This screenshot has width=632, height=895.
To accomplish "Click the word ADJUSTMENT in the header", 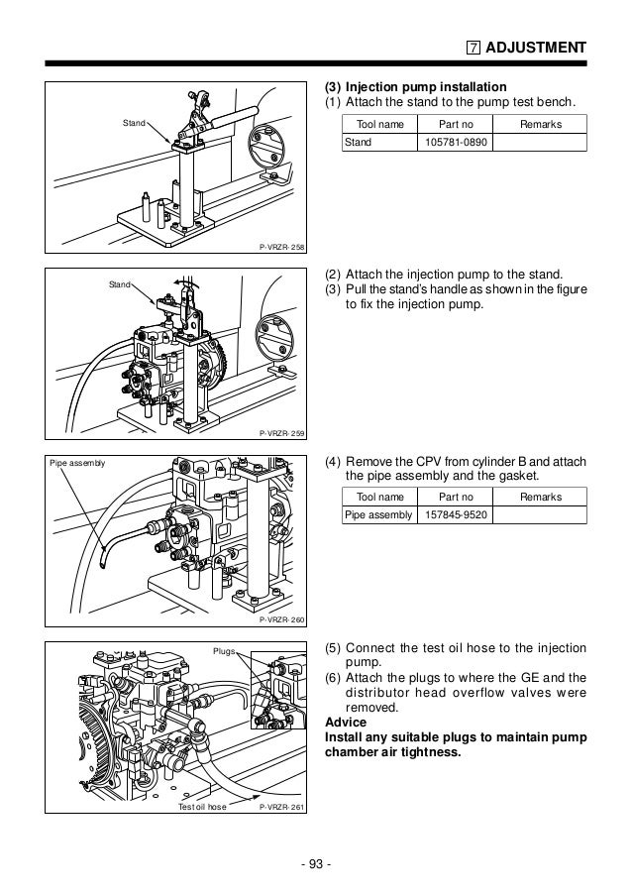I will tap(538, 47).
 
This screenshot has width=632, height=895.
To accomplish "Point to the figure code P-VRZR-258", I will tap(281, 247).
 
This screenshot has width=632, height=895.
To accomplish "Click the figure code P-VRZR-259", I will tap(281, 433).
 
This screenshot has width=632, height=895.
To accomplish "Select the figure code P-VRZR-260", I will tap(281, 619).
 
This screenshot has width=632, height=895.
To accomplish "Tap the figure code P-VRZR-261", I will tap(281, 807).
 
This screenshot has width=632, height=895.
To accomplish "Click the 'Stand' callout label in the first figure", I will tap(133, 123).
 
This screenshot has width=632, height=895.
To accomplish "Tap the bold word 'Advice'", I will tap(345, 722).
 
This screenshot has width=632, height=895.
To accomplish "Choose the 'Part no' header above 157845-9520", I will tap(456, 497).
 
